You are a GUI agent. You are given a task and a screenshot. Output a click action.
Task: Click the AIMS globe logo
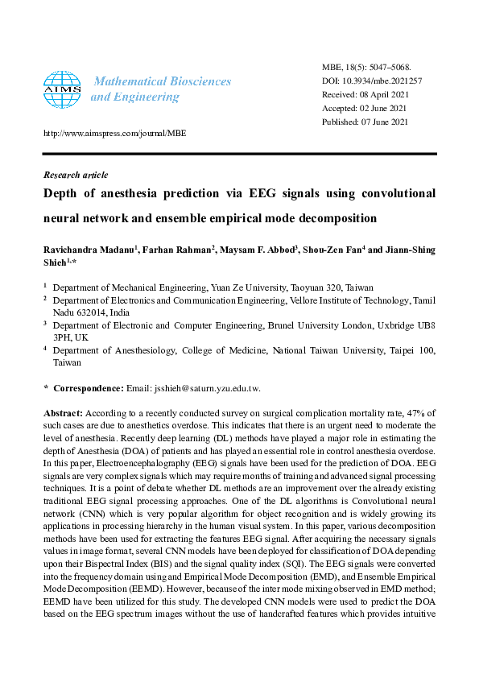(62, 89)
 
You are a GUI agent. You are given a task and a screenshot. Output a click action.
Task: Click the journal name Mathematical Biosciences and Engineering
(161, 89)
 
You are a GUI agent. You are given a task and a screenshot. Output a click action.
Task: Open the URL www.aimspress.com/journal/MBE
(114, 133)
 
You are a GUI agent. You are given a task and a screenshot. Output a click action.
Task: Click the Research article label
(75, 174)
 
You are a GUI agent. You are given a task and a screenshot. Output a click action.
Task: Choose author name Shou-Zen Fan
(332, 250)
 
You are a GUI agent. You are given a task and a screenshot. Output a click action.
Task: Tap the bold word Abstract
(62, 412)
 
